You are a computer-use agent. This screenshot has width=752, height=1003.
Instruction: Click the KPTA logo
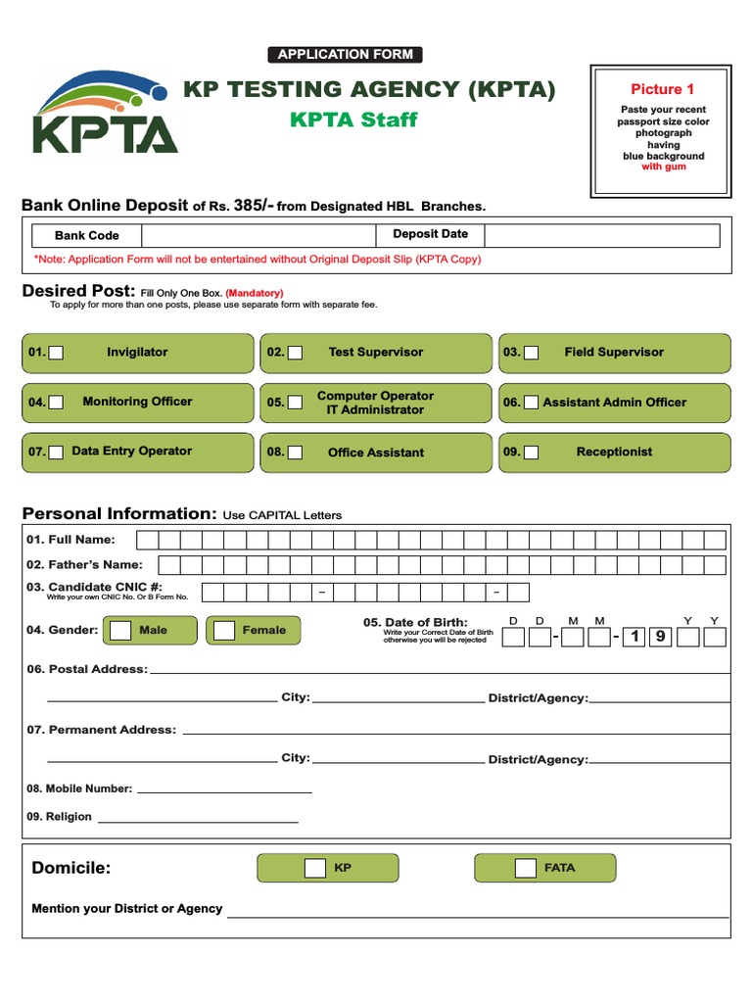point(105,112)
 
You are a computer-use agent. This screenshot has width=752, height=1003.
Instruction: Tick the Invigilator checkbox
point(57,353)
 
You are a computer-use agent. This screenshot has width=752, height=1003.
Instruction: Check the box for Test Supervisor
point(295,353)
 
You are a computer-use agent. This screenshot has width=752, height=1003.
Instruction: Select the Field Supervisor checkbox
point(531,353)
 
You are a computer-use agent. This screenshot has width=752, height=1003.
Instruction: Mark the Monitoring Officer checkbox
point(57,402)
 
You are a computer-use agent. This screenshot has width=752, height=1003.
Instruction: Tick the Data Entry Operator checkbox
point(57,452)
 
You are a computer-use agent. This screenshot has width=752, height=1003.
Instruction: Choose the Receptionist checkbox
point(531,453)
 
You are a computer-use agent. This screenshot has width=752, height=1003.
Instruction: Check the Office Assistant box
point(295,453)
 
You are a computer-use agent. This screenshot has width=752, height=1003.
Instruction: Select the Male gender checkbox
point(120,630)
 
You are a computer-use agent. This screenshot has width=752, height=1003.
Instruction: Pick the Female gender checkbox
point(224,630)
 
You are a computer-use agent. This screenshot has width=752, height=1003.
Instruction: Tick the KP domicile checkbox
point(315,868)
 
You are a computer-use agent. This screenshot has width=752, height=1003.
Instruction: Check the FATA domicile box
point(526,868)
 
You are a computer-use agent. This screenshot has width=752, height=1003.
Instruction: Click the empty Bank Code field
point(258,235)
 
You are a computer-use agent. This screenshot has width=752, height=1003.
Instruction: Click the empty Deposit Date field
point(601,235)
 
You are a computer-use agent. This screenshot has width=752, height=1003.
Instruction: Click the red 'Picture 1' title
point(662,89)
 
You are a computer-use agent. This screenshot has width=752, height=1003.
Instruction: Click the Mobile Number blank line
point(224,788)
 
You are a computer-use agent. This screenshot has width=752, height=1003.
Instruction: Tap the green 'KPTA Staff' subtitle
point(353,120)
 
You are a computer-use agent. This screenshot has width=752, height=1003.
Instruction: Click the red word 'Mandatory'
point(255,293)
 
